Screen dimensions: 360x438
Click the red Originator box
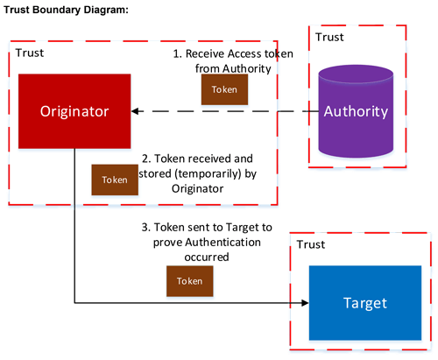[74, 111]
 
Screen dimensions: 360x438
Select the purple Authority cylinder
[356, 111]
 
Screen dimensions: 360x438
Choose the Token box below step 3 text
[190, 281]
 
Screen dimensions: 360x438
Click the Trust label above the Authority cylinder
[329, 37]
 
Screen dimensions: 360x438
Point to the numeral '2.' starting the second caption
[146, 160]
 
